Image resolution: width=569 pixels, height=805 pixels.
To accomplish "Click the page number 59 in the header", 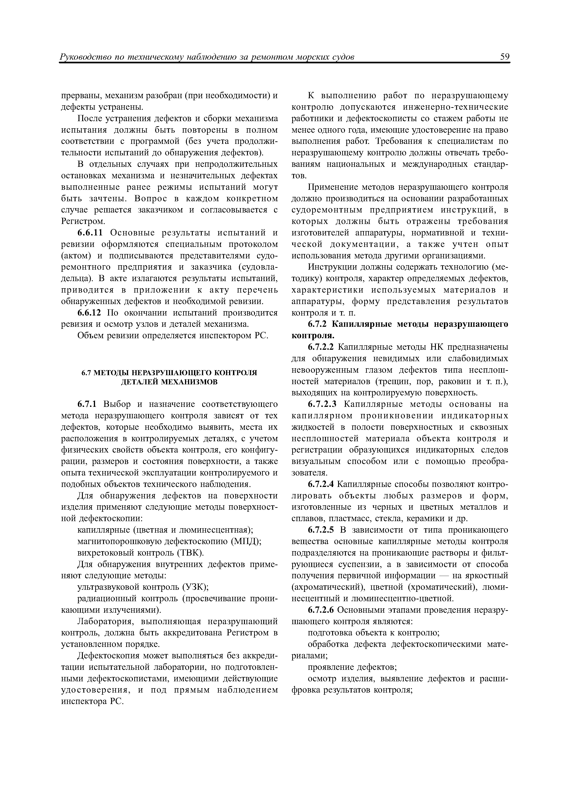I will (x=505, y=57).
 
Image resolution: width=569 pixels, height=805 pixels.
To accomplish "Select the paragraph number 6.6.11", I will (x=91, y=233).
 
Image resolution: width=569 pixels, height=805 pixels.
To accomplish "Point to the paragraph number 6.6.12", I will (x=91, y=313).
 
